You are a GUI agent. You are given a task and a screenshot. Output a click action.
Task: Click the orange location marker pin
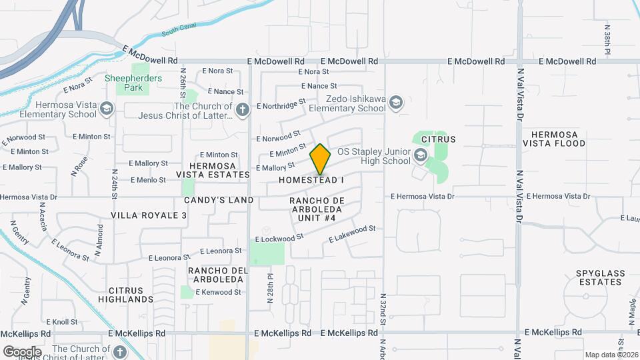coord(321,160)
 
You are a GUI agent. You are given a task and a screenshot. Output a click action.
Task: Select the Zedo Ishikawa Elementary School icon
coord(396,102)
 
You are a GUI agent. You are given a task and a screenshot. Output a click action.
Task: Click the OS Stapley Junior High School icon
coord(420,156)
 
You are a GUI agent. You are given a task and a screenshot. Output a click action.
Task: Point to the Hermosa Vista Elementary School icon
coord(106,109)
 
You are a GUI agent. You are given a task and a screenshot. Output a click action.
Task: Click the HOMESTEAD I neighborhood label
coord(311,181)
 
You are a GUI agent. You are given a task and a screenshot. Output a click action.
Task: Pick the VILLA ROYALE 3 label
coord(149,215)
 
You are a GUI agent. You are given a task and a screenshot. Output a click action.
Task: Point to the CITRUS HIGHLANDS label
coord(131,295)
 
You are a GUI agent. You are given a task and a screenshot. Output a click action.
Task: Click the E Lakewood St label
coord(352,234)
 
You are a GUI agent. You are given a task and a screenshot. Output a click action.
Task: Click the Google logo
coord(22,351)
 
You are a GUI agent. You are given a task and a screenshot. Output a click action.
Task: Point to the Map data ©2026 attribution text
coord(611,355)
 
